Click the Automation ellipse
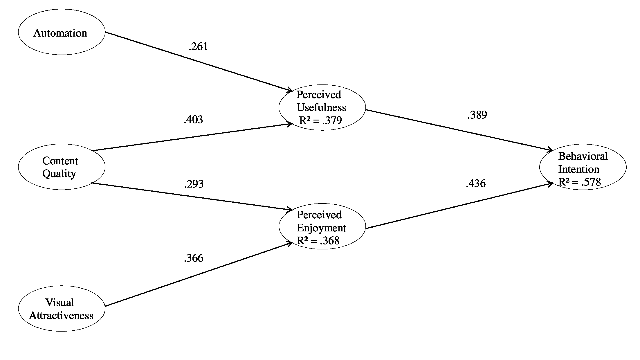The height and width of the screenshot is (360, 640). point(62,32)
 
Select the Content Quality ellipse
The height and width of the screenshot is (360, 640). point(62,167)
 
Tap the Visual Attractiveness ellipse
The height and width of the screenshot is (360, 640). point(62,308)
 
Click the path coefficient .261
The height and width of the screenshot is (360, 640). point(198,46)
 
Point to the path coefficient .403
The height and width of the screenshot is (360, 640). point(193,120)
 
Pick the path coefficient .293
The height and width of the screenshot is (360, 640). point(194,184)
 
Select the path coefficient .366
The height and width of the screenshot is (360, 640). point(194,258)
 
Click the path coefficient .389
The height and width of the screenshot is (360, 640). point(477,115)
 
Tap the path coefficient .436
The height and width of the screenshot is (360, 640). point(476,183)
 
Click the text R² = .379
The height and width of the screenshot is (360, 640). point(320,120)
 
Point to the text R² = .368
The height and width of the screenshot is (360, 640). point(318,241)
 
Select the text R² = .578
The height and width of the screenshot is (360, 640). point(580,182)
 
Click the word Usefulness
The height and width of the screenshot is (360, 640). point(321,107)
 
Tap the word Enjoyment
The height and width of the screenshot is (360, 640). point(321,228)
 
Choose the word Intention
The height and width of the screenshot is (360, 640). point(579,169)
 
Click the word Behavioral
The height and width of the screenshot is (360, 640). point(583,156)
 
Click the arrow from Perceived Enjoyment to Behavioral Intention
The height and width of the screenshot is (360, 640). point(459,206)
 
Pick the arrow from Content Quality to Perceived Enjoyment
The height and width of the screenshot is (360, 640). point(192,196)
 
